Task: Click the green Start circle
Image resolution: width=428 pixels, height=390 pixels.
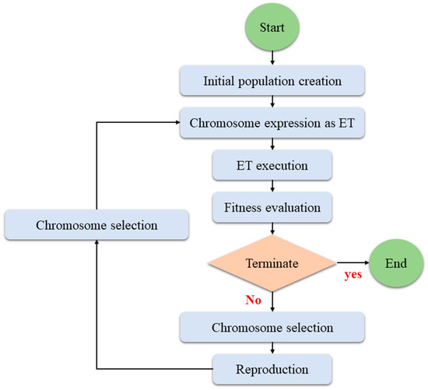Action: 272,28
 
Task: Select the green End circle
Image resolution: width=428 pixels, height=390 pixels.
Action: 395,264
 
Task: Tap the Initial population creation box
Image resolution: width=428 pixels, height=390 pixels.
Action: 272,80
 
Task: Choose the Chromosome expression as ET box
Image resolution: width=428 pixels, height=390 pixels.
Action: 272,122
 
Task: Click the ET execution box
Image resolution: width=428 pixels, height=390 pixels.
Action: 272,165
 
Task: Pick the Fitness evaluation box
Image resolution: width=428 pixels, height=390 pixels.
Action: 272,208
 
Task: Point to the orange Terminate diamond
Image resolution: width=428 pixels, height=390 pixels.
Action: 272,264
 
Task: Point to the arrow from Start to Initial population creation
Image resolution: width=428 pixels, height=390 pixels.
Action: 272,57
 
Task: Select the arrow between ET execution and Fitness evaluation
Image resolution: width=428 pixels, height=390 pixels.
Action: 272,187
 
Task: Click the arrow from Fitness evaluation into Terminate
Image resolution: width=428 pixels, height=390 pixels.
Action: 272,229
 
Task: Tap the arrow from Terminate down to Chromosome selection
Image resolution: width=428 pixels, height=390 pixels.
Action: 272,300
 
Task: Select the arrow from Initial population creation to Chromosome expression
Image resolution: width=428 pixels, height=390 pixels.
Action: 272,101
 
